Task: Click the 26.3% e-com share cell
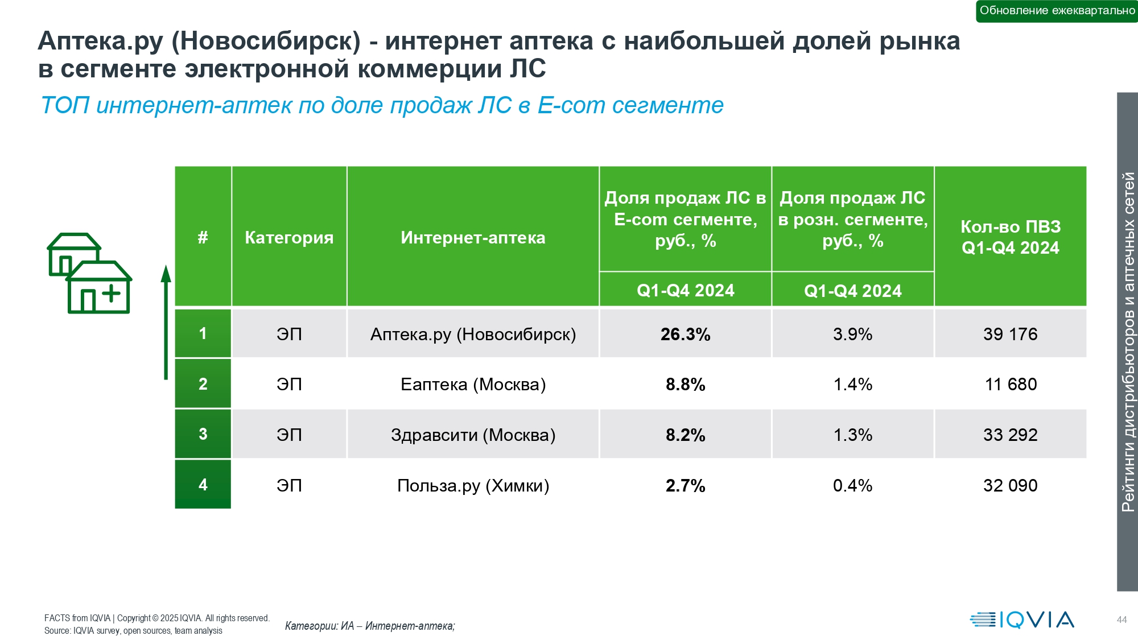(685, 334)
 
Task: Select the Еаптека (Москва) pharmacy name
(473, 385)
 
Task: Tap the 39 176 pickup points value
(1010, 334)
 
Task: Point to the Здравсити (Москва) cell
(473, 435)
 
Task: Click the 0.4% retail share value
(852, 485)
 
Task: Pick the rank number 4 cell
(203, 484)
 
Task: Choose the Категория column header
(289, 237)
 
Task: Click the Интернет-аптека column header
(473, 237)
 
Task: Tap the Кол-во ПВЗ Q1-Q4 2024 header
(1011, 237)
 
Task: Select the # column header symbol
(203, 237)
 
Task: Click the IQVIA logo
(1022, 620)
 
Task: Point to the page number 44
(1121, 620)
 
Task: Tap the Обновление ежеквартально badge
(1057, 11)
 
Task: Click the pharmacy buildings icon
(89, 273)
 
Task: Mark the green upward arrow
(166, 322)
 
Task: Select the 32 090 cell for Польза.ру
(1010, 485)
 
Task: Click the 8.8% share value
(685, 385)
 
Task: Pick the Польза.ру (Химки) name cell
(473, 485)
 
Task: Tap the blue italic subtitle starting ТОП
(382, 105)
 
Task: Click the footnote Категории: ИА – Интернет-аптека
(370, 626)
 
